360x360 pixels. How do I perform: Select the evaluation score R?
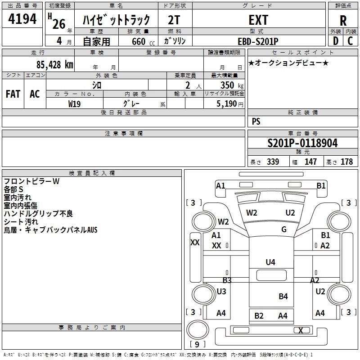343,20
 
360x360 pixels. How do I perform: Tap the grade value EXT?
258,20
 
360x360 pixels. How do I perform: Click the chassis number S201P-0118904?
302,143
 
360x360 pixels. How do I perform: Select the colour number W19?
75,103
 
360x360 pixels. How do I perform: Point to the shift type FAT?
13,94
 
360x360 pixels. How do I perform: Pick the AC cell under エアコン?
35,94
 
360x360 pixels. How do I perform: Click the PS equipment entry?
256,121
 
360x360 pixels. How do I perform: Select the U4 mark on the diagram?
270,262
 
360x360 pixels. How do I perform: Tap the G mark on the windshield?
284,229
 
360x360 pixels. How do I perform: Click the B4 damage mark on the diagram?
283,296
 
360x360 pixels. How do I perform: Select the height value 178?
347,162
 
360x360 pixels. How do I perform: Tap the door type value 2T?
175,20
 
